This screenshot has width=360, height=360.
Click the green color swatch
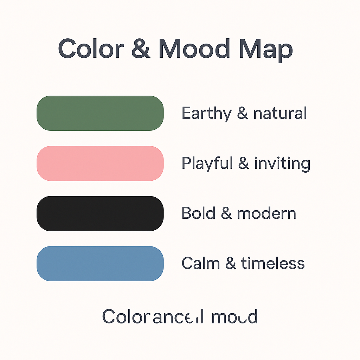[x=100, y=113]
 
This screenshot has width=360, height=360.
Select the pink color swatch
[x=100, y=163]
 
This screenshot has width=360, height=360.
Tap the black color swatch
[x=100, y=213]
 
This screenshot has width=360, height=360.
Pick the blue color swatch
[x=100, y=264]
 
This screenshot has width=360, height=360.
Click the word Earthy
[x=206, y=114]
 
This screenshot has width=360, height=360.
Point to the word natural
[x=280, y=114]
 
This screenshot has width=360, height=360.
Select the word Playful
[x=207, y=164]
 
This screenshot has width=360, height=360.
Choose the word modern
[x=266, y=213]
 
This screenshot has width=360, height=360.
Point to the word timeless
[x=272, y=263]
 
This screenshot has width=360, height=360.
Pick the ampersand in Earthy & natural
[x=242, y=114]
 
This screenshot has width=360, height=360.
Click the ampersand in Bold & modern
[x=226, y=213]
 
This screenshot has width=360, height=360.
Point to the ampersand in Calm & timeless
[x=230, y=263]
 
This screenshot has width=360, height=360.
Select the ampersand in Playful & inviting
[x=243, y=164]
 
